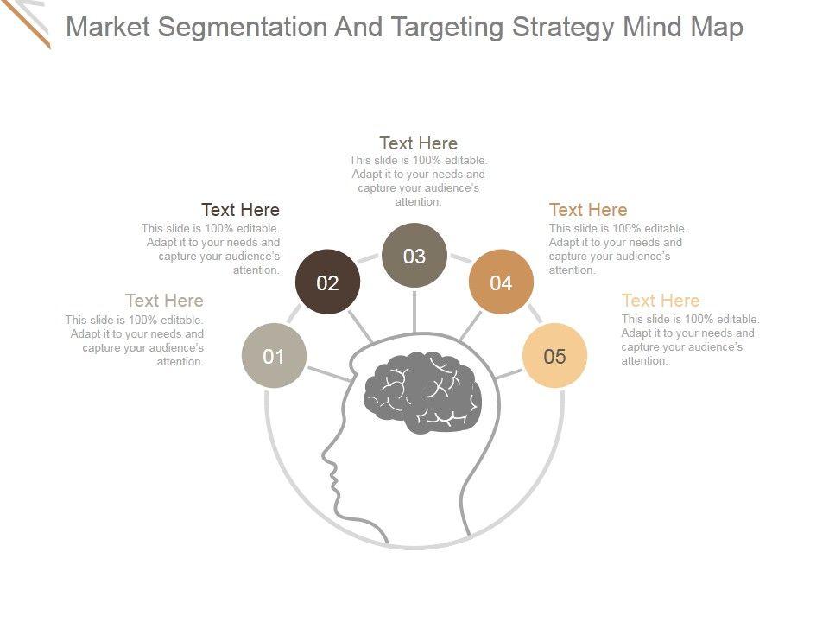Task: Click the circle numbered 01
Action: [274, 356]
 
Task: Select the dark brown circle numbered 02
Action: [327, 282]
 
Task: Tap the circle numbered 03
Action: [414, 256]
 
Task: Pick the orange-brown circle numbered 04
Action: [501, 282]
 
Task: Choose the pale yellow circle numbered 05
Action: [554, 356]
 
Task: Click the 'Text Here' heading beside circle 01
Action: [164, 301]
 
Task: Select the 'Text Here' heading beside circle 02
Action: [240, 210]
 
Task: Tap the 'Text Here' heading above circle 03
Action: [418, 143]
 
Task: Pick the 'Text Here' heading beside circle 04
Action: [588, 210]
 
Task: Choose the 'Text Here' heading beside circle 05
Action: [661, 301]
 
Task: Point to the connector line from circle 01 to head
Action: [328, 374]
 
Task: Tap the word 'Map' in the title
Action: [717, 28]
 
